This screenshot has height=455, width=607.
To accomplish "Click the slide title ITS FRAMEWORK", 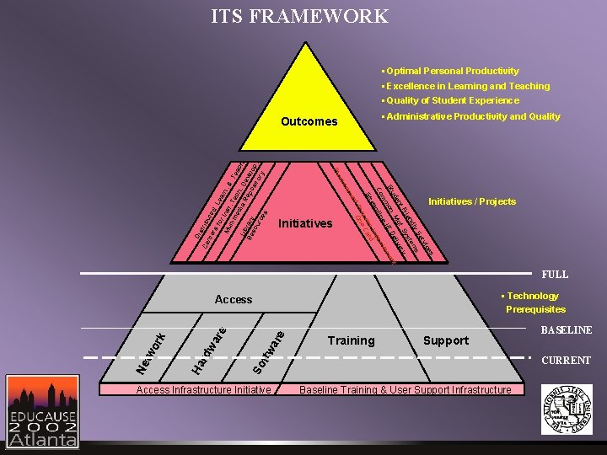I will [300, 16].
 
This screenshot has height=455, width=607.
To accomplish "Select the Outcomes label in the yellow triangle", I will [309, 121].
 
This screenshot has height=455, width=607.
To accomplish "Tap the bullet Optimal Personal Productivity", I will [452, 71].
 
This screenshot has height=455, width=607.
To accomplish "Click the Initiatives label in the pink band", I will [304, 223].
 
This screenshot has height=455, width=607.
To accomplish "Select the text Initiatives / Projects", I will [471, 201].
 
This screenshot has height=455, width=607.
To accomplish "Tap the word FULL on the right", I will [555, 275].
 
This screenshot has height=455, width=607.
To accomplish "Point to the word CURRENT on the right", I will [566, 361].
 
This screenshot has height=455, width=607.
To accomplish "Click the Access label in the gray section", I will [234, 299].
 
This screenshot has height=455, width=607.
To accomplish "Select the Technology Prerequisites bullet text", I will [533, 302].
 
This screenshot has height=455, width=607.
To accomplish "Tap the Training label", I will [351, 340].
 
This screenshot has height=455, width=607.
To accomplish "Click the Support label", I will [445, 340].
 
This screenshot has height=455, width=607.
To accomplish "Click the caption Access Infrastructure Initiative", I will [204, 389].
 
